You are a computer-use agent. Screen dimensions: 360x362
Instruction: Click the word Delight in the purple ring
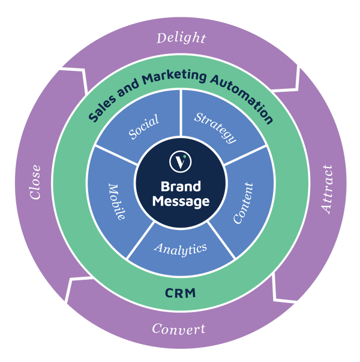[181, 38]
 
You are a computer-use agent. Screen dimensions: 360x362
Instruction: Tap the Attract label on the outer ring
[327, 189]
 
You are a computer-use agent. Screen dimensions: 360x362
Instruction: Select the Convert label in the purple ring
[179, 329]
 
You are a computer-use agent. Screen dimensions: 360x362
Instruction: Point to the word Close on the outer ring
[35, 182]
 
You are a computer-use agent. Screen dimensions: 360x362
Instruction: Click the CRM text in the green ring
[181, 293]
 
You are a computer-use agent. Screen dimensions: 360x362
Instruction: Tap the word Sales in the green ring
[102, 108]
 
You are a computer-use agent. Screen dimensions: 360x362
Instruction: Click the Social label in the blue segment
[144, 127]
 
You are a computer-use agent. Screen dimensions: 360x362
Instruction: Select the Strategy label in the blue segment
[215, 128]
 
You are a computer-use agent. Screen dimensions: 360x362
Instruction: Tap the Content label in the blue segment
[243, 203]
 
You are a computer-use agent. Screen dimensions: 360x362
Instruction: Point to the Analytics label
[181, 249]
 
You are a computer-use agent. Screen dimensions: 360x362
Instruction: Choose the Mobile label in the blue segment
[117, 202]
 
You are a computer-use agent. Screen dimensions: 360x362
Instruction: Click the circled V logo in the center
[180, 161]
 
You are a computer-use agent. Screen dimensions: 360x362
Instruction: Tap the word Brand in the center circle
[181, 186]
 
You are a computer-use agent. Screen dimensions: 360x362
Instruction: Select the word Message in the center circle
[181, 201]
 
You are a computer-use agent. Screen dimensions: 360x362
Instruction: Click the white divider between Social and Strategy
[181, 113]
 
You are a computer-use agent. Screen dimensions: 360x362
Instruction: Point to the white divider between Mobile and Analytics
[140, 240]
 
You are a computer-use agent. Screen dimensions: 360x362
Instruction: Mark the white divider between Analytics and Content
[221, 240]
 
